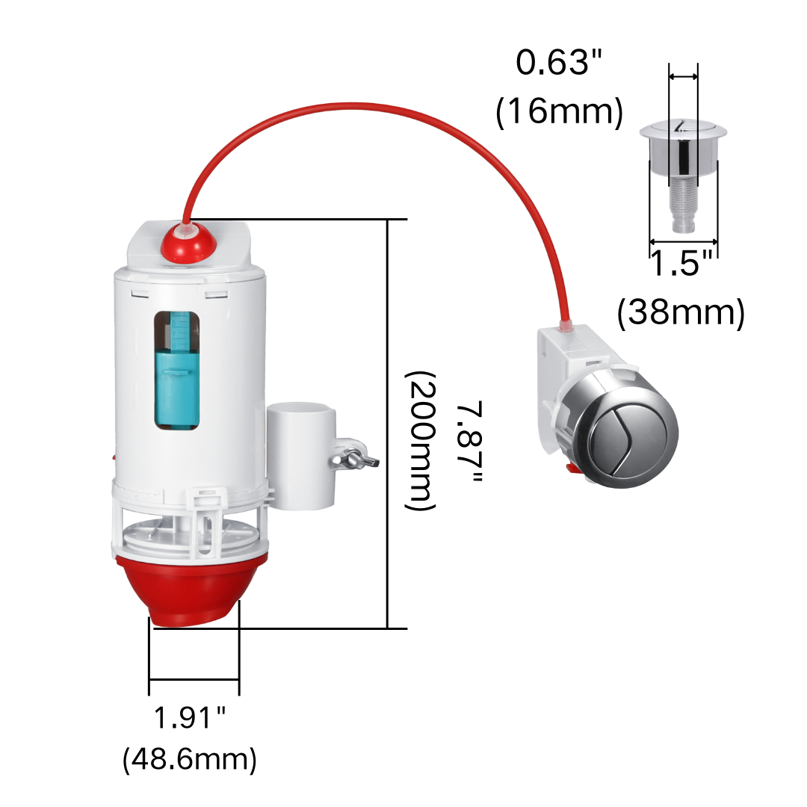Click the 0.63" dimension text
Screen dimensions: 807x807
tap(558, 62)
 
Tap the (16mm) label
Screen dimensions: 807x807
tap(560, 111)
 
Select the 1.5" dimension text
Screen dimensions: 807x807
tap(682, 263)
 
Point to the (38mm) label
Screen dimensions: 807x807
tap(681, 312)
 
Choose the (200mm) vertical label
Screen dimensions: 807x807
tap(421, 441)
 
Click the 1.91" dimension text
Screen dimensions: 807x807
tap(189, 717)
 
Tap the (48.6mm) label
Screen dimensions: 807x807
tap(189, 759)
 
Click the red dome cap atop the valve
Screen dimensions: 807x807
tap(188, 241)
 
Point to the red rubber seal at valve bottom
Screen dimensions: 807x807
tap(191, 590)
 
